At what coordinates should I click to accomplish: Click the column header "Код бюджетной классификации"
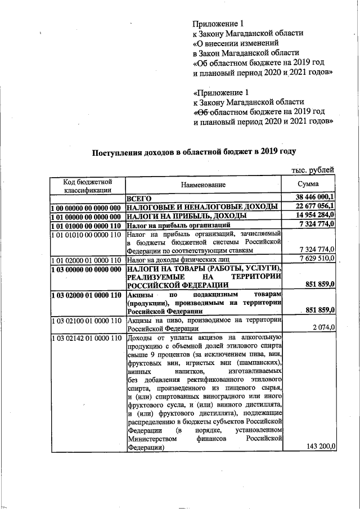[87, 186]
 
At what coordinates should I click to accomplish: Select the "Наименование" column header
[202, 185]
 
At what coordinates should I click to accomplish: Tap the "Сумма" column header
[308, 184]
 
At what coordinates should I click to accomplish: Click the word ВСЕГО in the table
[139, 198]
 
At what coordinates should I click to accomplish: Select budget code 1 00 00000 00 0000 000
[86, 208]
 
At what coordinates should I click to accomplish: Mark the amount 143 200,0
[320, 446]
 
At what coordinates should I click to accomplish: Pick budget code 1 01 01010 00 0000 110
[86, 233]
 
